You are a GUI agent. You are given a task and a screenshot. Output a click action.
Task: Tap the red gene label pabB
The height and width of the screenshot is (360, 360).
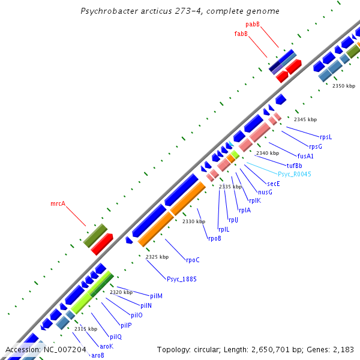pyautogui.click(x=253, y=24)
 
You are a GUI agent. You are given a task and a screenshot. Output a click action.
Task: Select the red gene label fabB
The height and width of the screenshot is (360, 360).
pyautogui.click(x=241, y=34)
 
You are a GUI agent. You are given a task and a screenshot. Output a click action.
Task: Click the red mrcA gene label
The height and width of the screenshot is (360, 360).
pyautogui.click(x=58, y=204)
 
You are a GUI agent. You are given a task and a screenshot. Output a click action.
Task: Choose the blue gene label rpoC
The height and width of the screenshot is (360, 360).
pyautogui.click(x=193, y=260)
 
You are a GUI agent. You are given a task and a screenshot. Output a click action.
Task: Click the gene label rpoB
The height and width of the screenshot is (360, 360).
pyautogui.click(x=214, y=238)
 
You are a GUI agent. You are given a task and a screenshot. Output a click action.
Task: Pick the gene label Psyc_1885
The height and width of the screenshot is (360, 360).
pyautogui.click(x=181, y=279)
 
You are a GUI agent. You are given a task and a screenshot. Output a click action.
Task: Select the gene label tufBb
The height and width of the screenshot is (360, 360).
pyautogui.click(x=294, y=165)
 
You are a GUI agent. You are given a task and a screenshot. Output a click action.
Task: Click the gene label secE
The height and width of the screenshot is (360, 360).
pyautogui.click(x=274, y=184)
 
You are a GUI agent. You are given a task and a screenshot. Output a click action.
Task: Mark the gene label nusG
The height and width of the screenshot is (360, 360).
pyautogui.click(x=265, y=192)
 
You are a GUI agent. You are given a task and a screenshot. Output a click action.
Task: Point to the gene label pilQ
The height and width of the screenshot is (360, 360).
pyautogui.click(x=115, y=337)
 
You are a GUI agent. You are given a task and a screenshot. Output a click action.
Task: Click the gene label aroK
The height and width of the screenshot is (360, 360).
pyautogui.click(x=106, y=346)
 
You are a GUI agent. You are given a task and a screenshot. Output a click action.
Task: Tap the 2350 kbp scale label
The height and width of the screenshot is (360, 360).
pyautogui.click(x=344, y=86)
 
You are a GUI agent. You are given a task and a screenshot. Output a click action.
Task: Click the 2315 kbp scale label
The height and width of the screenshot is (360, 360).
pyautogui.click(x=85, y=329)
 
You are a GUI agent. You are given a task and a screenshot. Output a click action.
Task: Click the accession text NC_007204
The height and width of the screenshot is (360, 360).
pyautogui.click(x=46, y=349)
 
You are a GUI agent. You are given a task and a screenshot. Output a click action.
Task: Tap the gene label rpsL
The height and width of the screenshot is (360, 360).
pyautogui.click(x=326, y=137)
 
